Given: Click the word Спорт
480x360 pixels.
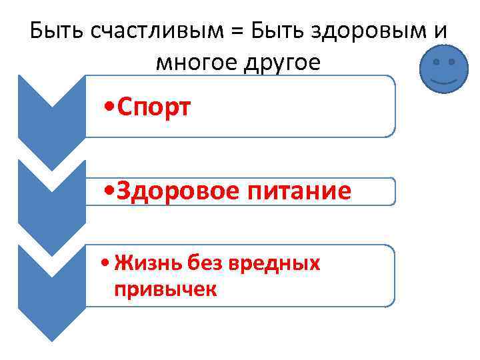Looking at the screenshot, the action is [x=153, y=106].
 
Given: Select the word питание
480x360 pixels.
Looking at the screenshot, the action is [x=300, y=191].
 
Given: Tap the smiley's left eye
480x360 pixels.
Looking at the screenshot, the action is [x=436, y=62].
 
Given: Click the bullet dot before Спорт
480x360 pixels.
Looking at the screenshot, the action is [x=109, y=107].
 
